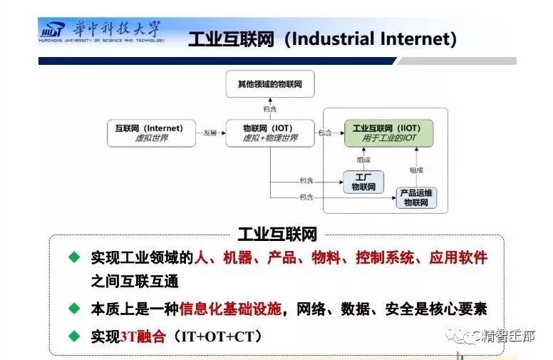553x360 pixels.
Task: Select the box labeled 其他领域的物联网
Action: pos(269,84)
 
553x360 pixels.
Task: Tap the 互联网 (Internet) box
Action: pos(150,133)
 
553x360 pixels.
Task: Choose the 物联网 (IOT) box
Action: pos(269,133)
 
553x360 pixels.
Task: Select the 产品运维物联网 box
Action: pos(416,197)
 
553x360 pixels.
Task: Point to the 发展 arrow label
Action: pos(210,133)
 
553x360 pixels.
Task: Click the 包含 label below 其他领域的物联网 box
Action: pos(269,109)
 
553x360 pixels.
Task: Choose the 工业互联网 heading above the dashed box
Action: pos(276,235)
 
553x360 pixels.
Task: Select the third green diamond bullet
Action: pos(73,335)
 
